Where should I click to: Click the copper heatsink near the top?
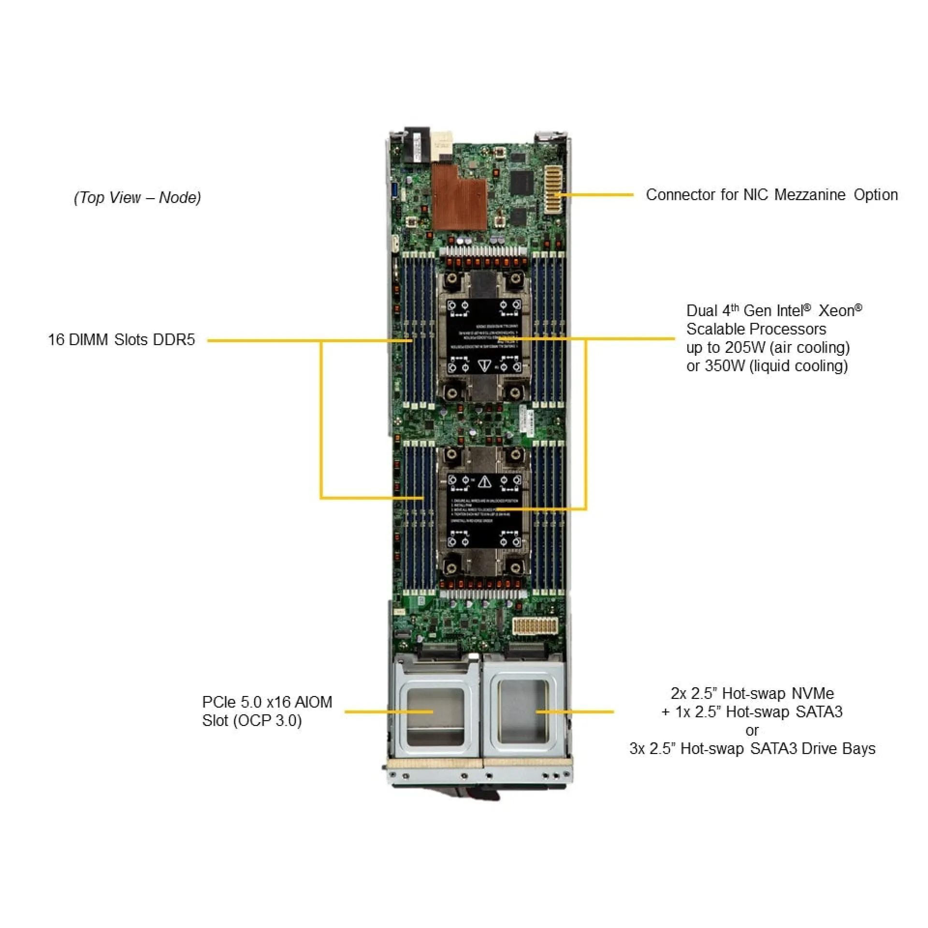[x=458, y=198]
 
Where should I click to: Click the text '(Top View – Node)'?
[x=137, y=197]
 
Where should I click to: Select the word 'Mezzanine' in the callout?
[x=810, y=195]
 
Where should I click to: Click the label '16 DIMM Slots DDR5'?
[x=121, y=340]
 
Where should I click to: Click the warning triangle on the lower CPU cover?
[x=485, y=481]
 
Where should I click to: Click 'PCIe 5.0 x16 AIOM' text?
[x=267, y=702]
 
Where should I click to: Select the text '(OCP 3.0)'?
[x=267, y=721]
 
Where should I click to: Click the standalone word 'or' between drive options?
[x=752, y=730]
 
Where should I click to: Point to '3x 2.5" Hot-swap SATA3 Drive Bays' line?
[x=752, y=749]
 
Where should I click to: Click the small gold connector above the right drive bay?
[x=535, y=625]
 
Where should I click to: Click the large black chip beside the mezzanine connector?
[x=521, y=184]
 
